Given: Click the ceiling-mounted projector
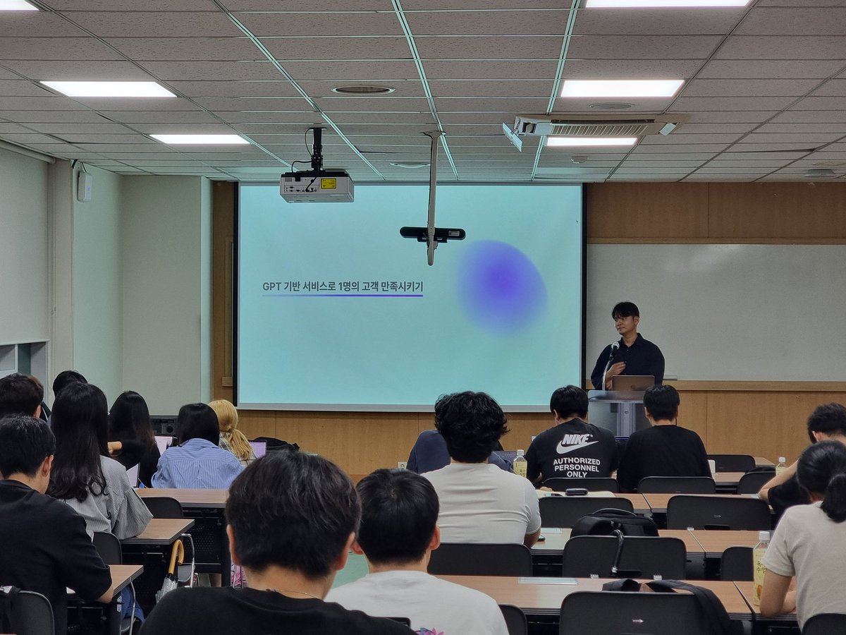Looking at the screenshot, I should tap(317, 186).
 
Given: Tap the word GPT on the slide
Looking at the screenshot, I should tap(271, 286).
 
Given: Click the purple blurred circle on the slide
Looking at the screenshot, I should tap(501, 286).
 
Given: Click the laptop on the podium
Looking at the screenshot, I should tap(632, 383).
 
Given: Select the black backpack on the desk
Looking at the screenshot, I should tap(613, 524).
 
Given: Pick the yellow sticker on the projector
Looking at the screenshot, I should tap(328, 183).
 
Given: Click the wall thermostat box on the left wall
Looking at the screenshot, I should tap(85, 186).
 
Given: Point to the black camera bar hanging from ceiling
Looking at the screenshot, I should tap(432, 233).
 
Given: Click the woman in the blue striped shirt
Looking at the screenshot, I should tap(197, 452).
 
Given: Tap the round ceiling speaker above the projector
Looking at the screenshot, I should tap(363, 90).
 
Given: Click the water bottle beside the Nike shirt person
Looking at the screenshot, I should tap(520, 464).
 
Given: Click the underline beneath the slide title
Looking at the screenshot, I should tap(343, 295).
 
